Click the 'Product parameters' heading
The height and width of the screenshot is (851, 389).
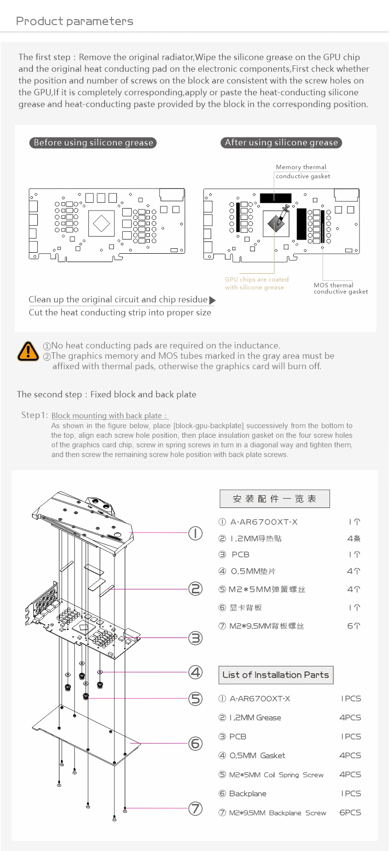point(75,21)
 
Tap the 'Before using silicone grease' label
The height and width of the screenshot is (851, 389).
point(93,143)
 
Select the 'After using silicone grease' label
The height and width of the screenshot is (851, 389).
point(281,142)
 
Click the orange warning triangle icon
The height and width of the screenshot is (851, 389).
point(28,351)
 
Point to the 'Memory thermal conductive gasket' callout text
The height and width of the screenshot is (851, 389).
point(303,172)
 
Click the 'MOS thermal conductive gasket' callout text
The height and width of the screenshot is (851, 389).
point(340,288)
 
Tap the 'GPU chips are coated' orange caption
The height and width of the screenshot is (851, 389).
point(257,280)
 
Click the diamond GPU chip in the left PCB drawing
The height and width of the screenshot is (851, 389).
point(102,223)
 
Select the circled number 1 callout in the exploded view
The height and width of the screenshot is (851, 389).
point(195,533)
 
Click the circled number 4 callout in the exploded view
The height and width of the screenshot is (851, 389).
point(195,672)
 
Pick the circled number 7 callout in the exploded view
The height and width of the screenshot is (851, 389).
point(195,808)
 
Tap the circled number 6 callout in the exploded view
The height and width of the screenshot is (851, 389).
point(195,744)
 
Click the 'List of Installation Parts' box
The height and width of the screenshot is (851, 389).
point(276,675)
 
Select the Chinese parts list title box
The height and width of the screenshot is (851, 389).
point(275,499)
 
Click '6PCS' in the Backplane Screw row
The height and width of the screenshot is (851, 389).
point(350,812)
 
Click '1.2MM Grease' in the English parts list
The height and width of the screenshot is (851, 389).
point(255,718)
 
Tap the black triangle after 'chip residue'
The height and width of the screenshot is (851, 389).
point(213,300)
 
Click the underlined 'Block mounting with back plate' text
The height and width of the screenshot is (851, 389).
point(109,416)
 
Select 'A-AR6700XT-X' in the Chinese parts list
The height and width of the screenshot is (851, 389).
point(264,522)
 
